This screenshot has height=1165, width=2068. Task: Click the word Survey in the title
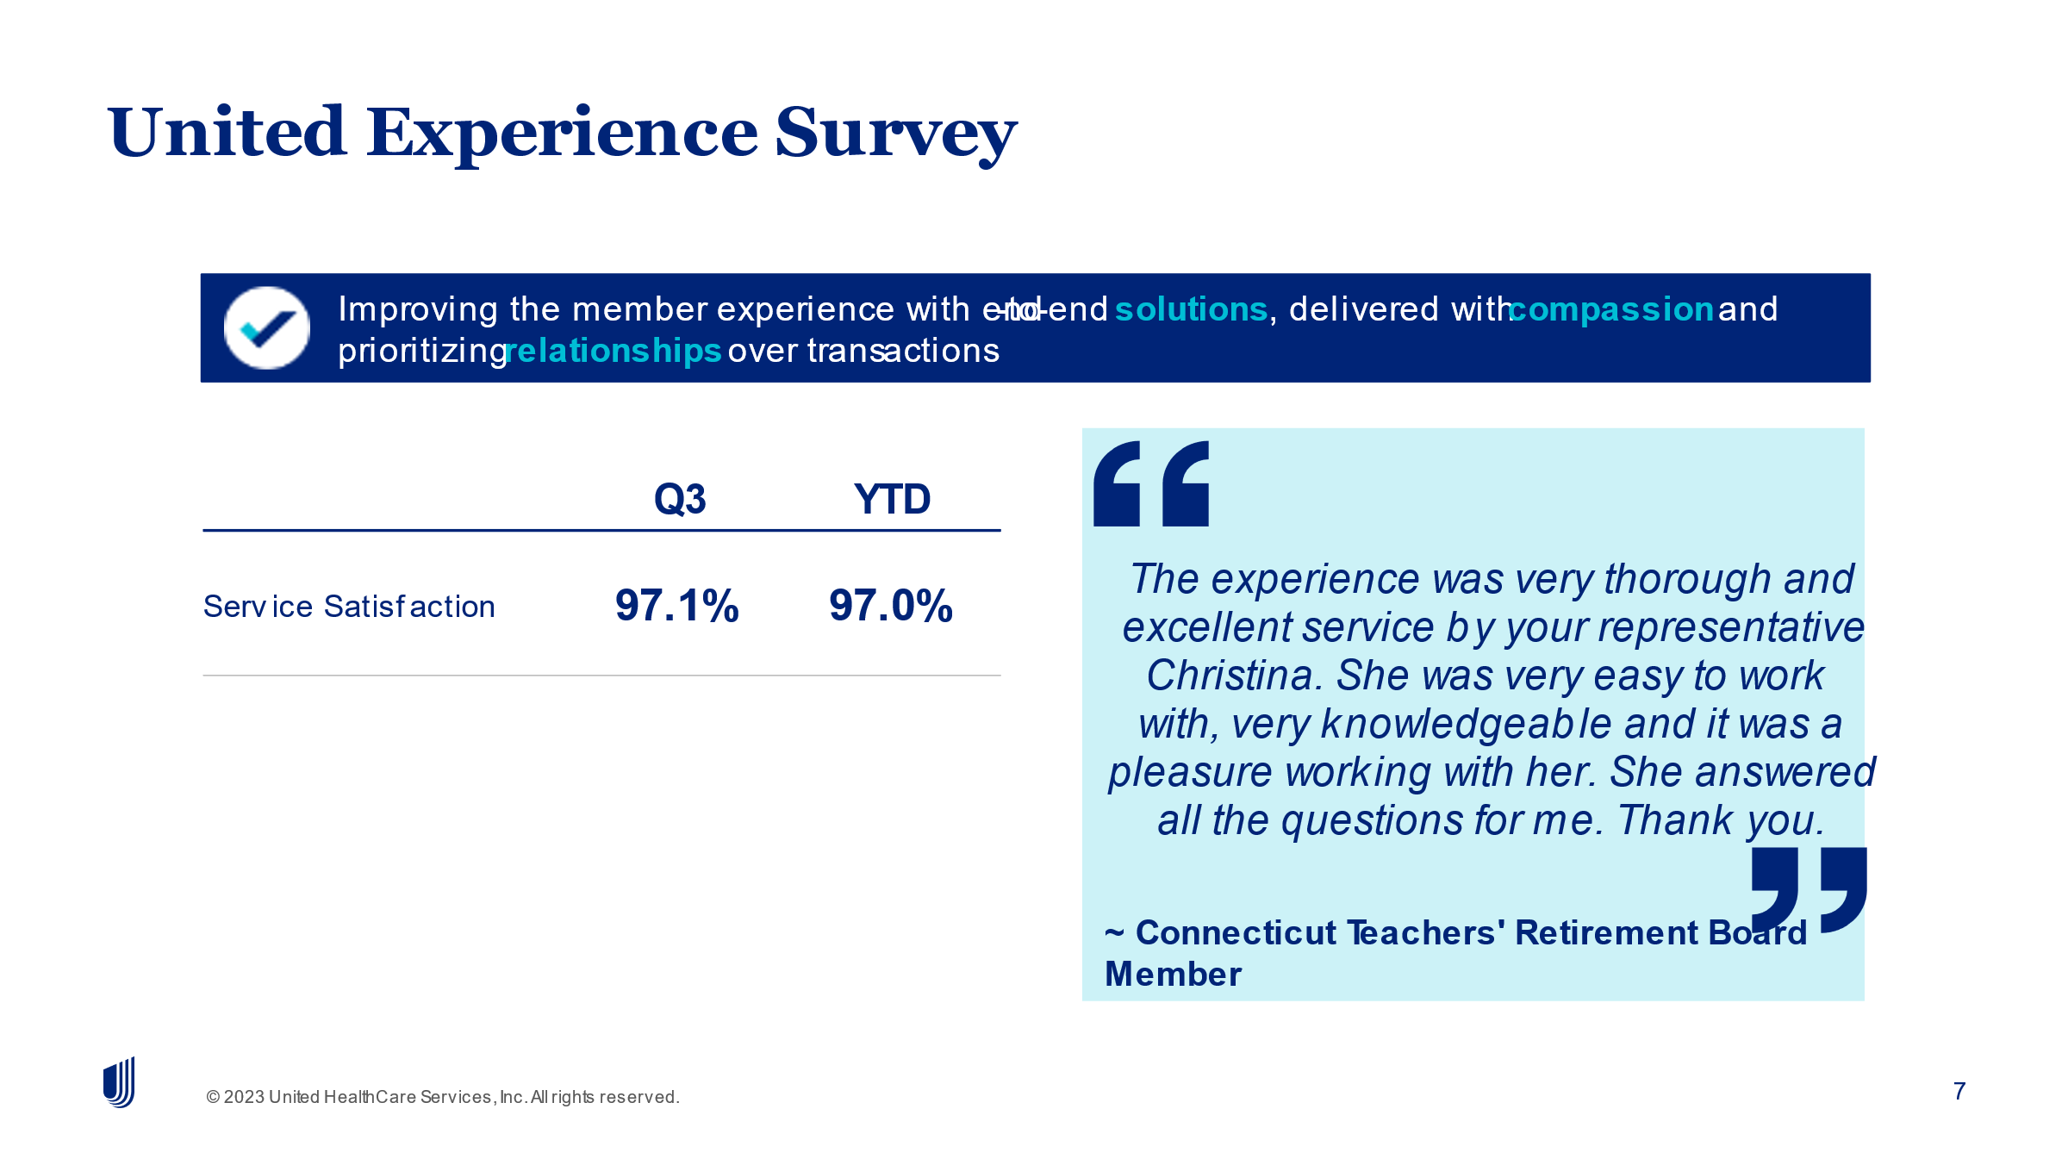coord(896,134)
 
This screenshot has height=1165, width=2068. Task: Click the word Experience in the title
coord(562,134)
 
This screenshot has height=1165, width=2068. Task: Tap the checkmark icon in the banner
coord(266,327)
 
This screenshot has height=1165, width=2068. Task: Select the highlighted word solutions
coord(1191,309)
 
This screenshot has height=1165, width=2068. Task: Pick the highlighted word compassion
coord(1611,309)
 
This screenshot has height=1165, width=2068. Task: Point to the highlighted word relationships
coord(614,351)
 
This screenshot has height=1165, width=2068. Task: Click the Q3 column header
coord(680,499)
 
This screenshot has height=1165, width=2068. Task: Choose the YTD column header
coord(892,499)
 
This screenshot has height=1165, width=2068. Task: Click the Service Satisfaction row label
coord(349,607)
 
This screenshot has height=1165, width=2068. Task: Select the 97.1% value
coord(677,605)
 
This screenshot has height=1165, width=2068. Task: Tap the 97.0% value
coord(891,605)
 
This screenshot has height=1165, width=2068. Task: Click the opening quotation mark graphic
coord(1151,483)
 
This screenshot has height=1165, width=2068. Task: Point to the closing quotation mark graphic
coord(1809,889)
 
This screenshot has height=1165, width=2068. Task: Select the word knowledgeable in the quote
coord(1466,724)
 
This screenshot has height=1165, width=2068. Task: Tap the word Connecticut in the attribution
coord(1236,932)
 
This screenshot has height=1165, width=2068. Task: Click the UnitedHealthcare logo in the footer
coord(119,1082)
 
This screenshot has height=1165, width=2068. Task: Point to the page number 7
coord(1959,1092)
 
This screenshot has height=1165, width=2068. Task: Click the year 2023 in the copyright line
coord(244,1097)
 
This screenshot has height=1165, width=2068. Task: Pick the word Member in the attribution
coord(1173,975)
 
